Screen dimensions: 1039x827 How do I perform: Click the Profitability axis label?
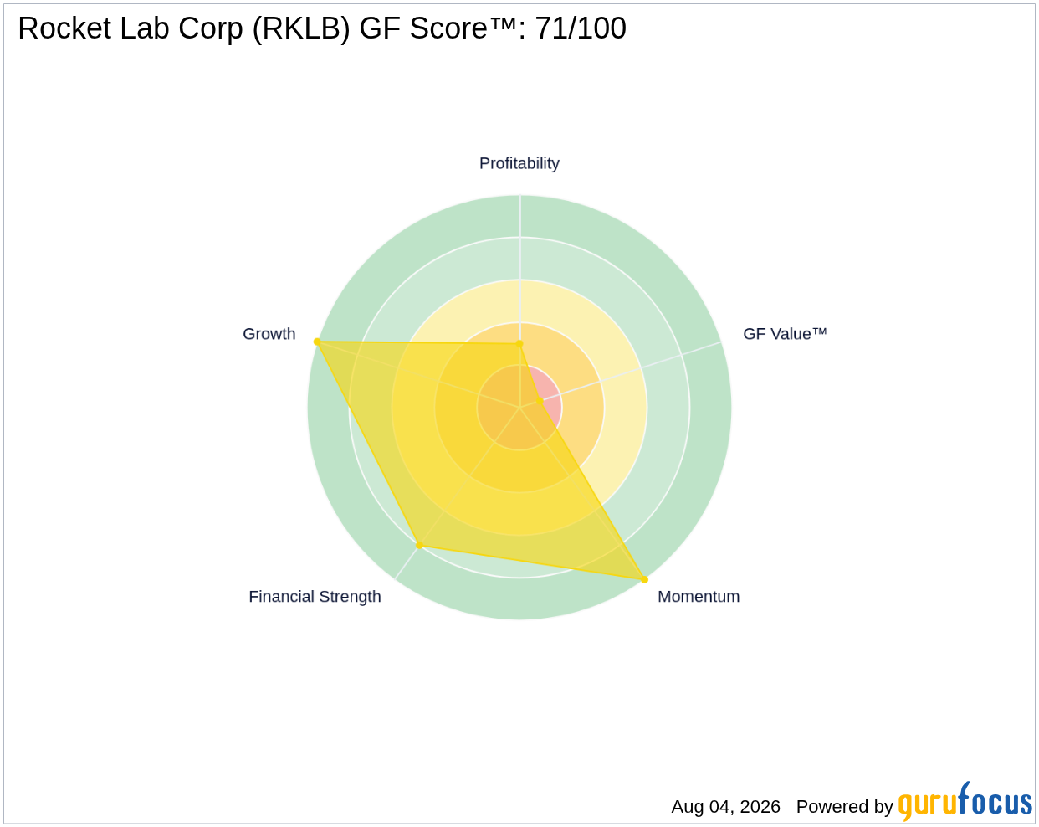click(519, 163)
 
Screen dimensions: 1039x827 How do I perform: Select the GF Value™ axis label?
click(785, 334)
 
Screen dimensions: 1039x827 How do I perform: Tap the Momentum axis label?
click(699, 597)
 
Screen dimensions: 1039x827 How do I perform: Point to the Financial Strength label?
click(315, 597)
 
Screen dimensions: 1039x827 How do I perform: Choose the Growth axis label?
click(269, 334)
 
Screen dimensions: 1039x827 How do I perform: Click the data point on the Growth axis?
click(317, 342)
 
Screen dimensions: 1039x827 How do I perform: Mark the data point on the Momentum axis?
click(644, 579)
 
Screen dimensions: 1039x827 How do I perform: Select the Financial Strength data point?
click(420, 545)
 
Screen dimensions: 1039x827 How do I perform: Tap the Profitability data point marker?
click(519, 344)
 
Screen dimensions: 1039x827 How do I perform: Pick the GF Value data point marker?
click(540, 400)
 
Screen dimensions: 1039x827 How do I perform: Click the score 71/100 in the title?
click(581, 28)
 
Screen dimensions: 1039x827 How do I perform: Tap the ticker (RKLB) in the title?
click(301, 29)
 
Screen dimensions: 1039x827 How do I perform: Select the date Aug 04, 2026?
click(725, 807)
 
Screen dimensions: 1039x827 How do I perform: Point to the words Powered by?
click(844, 807)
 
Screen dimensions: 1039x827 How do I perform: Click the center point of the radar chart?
click(519, 407)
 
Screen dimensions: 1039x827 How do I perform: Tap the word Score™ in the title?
click(463, 28)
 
